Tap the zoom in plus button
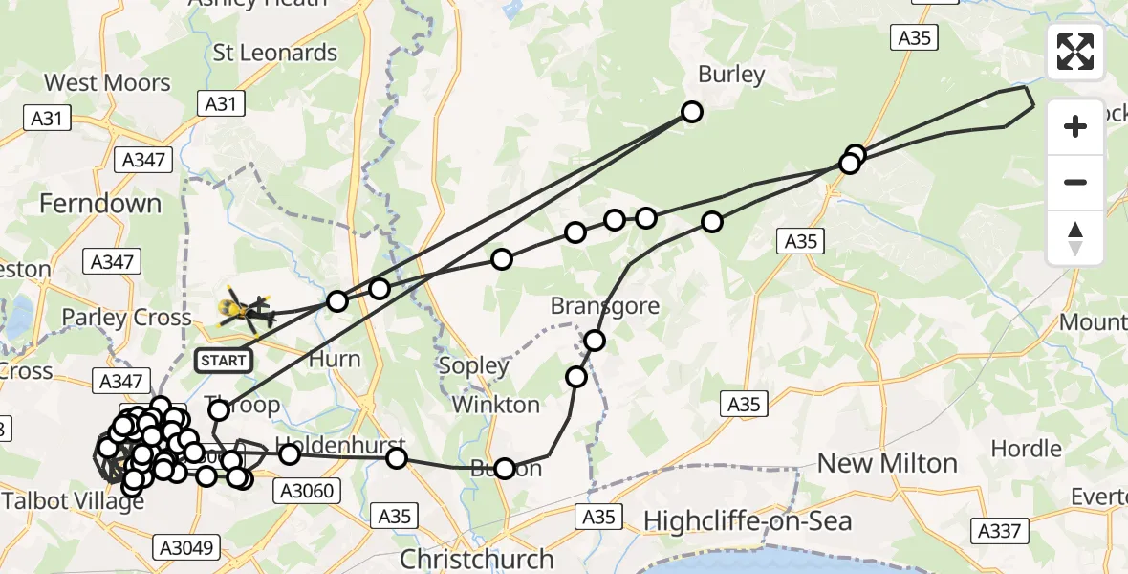pos(1075,126)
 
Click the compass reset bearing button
pos(1075,238)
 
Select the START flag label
pos(223,361)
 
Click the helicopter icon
pos(243,309)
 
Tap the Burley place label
pos(732,75)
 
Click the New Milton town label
pos(886,464)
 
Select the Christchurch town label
pos(476,559)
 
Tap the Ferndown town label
pos(100,203)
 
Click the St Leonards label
pos(275,53)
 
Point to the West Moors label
pos(107,83)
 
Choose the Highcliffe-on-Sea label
pos(747,521)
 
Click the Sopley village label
pos(473,365)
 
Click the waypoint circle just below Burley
pos(691,112)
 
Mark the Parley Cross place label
pos(127,318)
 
